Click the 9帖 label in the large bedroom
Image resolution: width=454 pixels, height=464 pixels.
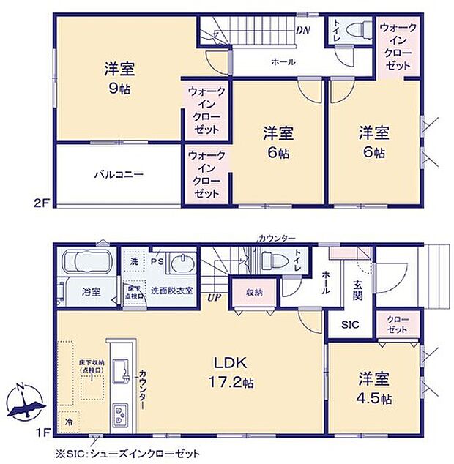click(x=118, y=88)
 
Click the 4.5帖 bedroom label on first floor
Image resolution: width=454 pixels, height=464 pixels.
click(x=374, y=389)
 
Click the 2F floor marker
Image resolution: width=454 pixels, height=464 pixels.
click(x=40, y=203)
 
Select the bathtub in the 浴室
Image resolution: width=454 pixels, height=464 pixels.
click(x=87, y=262)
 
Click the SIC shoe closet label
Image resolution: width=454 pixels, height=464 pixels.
click(x=349, y=325)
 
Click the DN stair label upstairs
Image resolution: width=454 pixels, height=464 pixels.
click(x=302, y=30)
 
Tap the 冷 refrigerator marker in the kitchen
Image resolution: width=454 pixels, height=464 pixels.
click(x=69, y=422)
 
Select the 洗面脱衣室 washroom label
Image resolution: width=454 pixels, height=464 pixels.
click(x=171, y=291)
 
